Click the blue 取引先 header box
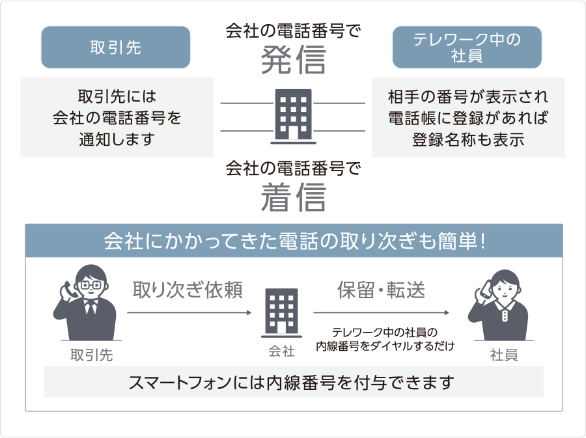tap(115, 48)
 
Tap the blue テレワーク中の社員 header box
tap(467, 48)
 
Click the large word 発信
tap(294, 60)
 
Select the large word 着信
tap(294, 197)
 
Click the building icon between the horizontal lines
tap(294, 116)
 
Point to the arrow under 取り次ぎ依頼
tap(189, 312)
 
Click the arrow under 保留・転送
tap(381, 312)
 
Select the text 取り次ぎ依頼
tap(188, 290)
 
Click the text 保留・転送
tap(381, 290)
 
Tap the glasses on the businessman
tap(91, 285)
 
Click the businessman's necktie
tap(90, 307)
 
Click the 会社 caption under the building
tap(281, 351)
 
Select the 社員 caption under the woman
tap(504, 355)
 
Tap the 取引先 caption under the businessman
tap(92, 355)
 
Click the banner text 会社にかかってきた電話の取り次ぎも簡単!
tap(294, 241)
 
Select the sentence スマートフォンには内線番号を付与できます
tap(292, 383)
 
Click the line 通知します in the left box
tap(117, 139)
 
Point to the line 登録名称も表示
tap(468, 139)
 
